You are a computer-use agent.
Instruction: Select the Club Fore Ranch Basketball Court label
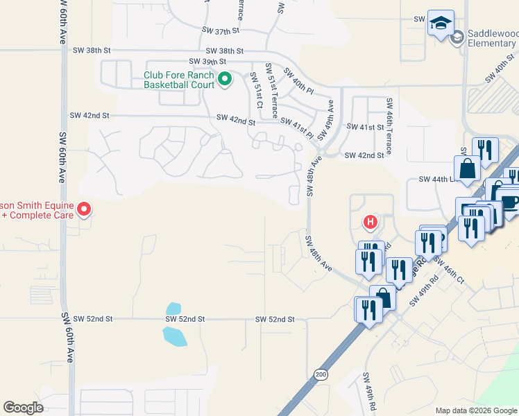(178, 80)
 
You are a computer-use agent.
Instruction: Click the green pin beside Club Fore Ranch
(224, 80)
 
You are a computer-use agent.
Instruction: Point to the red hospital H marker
(371, 223)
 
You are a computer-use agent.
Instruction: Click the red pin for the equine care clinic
(84, 208)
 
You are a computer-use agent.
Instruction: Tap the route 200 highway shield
(320, 374)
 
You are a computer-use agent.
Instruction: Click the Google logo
(24, 408)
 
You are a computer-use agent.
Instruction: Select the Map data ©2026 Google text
(476, 410)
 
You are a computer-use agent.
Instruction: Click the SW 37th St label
(220, 31)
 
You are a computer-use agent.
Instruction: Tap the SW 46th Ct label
(452, 270)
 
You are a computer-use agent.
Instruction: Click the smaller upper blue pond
(173, 308)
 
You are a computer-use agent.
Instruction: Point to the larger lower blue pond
(175, 336)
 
